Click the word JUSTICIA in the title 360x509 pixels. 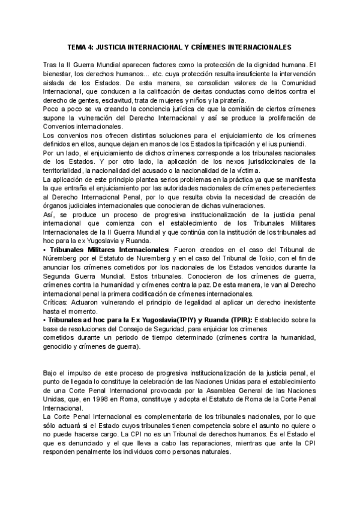[x=119, y=46]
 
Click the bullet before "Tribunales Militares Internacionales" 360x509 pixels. [x=45, y=249]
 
